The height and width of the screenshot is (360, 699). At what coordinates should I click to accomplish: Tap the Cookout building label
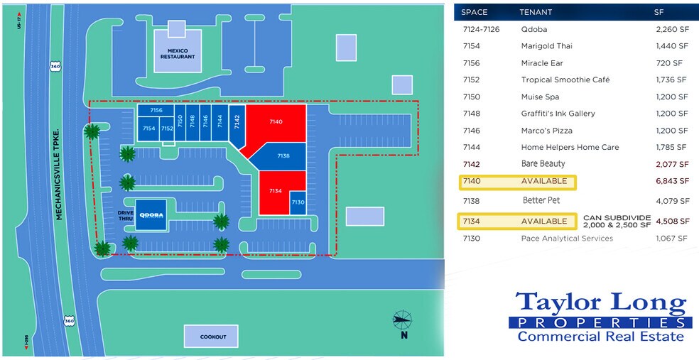tap(212, 337)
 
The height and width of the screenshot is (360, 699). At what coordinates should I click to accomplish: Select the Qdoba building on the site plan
tap(152, 215)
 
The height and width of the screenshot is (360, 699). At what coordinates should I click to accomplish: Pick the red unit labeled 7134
tap(275, 190)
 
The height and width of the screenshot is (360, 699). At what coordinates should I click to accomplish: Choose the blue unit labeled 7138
tap(283, 156)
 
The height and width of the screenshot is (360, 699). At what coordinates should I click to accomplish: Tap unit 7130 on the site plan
tap(298, 202)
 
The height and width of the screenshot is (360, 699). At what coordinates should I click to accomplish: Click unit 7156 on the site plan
tap(156, 111)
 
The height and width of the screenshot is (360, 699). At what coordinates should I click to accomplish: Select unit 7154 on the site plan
tap(148, 129)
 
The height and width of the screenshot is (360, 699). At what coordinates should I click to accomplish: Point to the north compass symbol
tap(402, 321)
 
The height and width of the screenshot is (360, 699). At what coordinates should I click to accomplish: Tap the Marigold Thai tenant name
tap(546, 46)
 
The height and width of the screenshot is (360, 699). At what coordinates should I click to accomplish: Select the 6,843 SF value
tap(673, 181)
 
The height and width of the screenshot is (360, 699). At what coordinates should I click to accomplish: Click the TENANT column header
tap(535, 12)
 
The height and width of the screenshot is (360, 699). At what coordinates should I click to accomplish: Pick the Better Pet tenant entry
tap(541, 201)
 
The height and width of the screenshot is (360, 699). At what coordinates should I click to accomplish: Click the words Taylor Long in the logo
tap(601, 303)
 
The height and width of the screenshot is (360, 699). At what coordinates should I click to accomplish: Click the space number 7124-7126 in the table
tap(481, 29)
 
